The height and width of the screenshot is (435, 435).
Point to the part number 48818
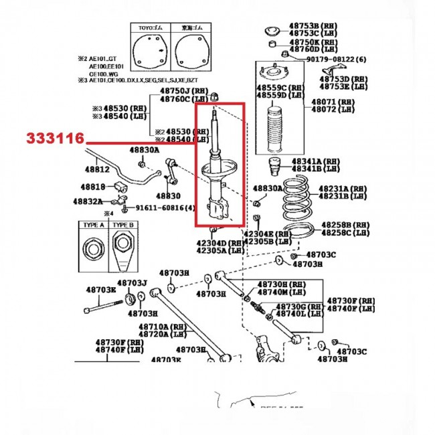point(93,187)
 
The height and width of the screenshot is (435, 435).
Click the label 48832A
point(88,201)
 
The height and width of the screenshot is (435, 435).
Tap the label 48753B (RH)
point(313,25)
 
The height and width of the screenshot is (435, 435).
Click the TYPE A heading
point(92,226)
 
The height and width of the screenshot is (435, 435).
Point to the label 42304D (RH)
point(220,243)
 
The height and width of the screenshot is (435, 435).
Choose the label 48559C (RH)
point(271,88)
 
